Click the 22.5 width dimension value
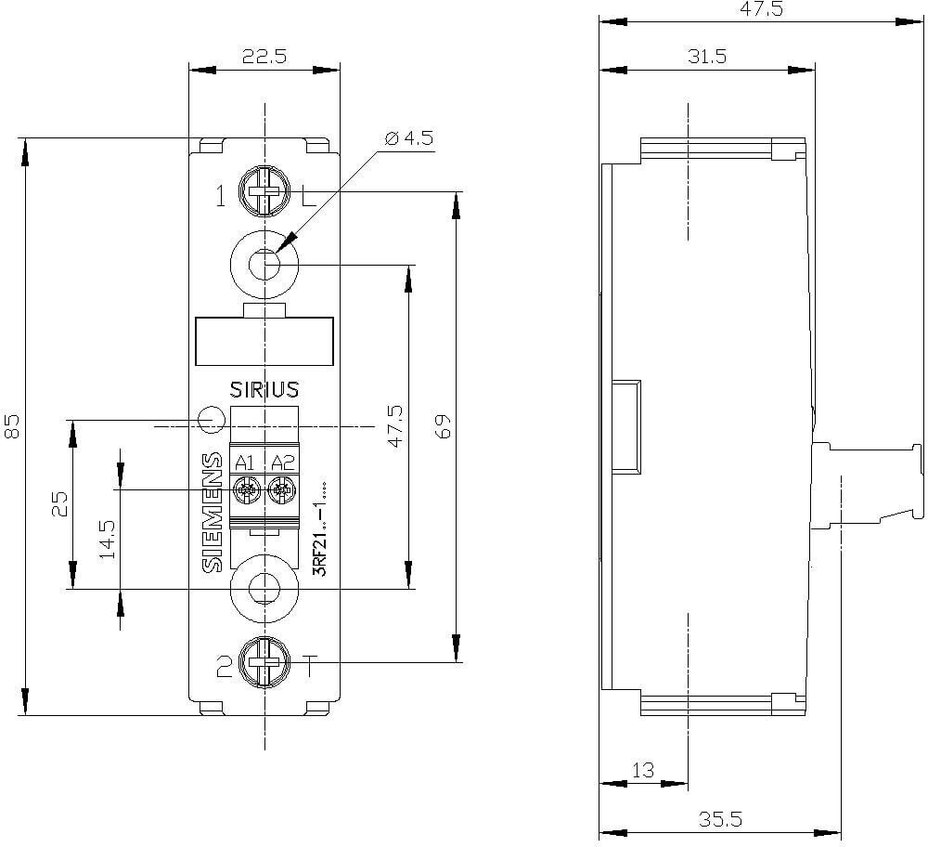click(x=264, y=57)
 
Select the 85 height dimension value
click(x=12, y=426)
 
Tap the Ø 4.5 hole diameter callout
click(x=409, y=138)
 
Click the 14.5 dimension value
click(x=107, y=540)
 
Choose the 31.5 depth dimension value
click(x=706, y=57)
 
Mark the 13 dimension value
click(x=643, y=770)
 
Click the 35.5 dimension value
click(x=720, y=819)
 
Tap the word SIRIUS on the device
click(x=264, y=390)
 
